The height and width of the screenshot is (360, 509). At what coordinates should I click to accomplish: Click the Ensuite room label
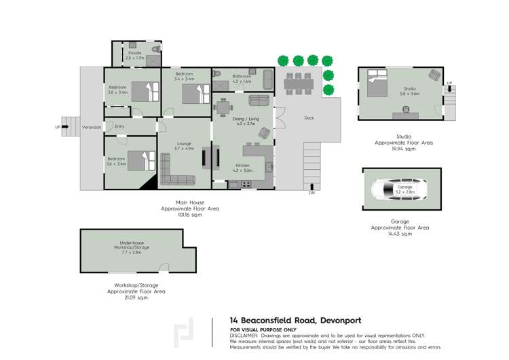tap(134, 52)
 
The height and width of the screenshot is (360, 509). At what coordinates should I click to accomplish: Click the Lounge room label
tap(184, 144)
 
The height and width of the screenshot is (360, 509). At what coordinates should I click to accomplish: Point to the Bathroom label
tap(242, 77)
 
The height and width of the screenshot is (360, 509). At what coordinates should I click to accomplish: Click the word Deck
tap(309, 118)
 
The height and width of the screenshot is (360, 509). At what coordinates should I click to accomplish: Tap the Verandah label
tap(92, 128)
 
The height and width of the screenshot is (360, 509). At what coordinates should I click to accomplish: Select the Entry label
tap(119, 126)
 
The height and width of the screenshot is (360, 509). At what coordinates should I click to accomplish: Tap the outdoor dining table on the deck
tap(297, 83)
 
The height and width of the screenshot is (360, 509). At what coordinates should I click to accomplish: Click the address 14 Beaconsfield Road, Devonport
tap(295, 321)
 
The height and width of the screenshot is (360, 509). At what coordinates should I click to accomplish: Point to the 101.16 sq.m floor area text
tap(190, 215)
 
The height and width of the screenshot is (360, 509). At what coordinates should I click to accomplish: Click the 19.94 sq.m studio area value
tap(403, 149)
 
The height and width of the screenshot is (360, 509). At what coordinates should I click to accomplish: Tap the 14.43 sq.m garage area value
tap(400, 234)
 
